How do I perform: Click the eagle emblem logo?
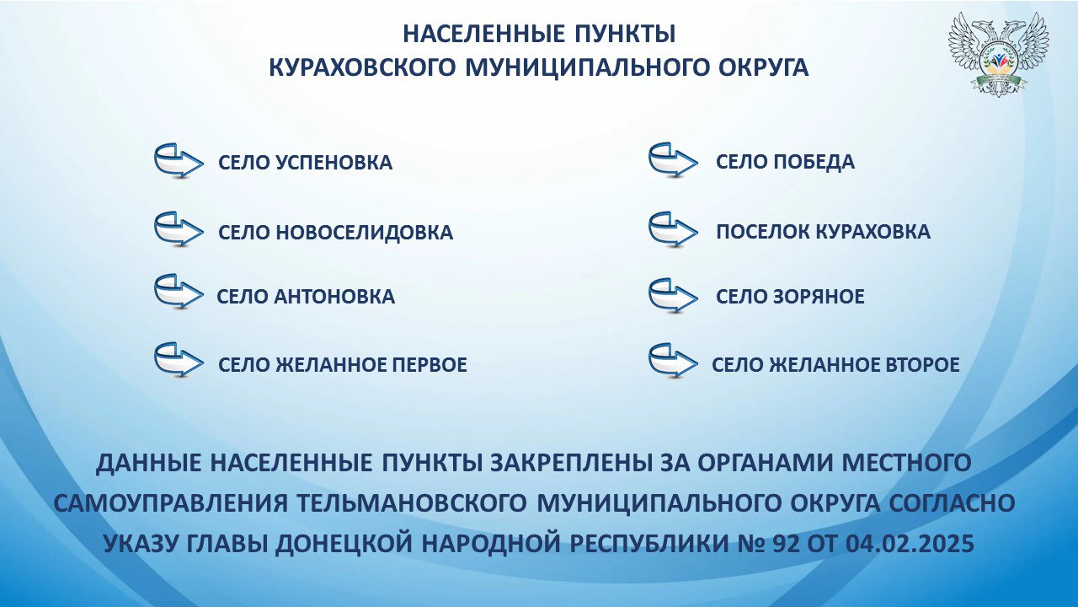coord(998,54)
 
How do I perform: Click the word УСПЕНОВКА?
coord(334,163)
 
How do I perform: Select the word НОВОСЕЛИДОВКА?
coord(364,232)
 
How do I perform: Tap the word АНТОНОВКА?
coord(334,296)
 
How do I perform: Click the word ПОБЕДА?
coord(814,162)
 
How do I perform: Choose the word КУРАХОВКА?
coord(873,232)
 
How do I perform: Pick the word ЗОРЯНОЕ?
coord(819,296)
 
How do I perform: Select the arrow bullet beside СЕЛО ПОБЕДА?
coord(673,160)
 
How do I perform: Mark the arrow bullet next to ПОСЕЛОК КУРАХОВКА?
coord(673,230)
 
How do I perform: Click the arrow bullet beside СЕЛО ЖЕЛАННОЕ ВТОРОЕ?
coord(673,360)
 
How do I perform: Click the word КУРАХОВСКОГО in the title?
coord(362,67)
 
